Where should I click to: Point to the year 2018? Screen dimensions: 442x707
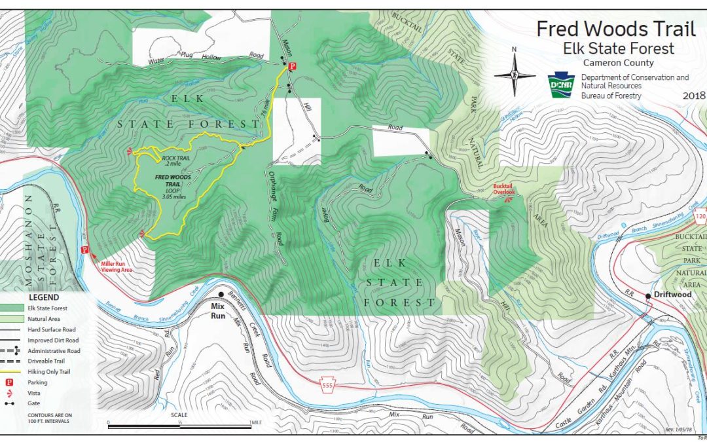coord(693,96)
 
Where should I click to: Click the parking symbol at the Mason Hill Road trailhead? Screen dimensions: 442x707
coord(293,65)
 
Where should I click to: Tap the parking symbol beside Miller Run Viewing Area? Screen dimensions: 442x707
coord(84,250)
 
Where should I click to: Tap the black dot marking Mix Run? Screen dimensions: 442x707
coord(221,295)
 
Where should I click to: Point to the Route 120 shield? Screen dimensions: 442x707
coord(699,216)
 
